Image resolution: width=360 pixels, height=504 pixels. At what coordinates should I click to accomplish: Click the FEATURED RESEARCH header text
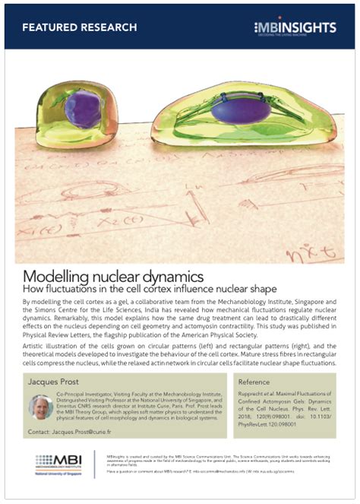80,27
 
